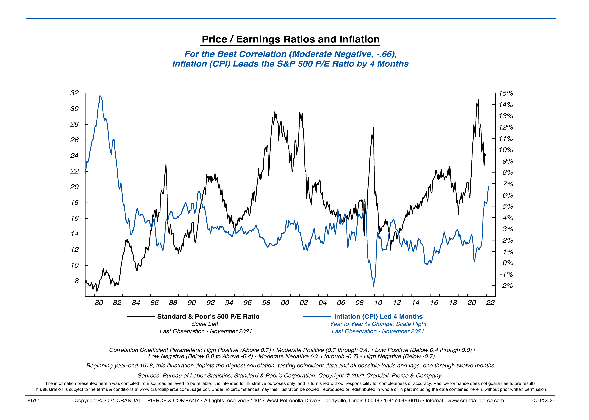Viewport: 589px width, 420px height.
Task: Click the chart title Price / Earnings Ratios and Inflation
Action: (290, 39)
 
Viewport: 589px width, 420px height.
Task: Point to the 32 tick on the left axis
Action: (74, 93)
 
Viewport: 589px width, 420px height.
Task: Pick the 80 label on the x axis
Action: (99, 303)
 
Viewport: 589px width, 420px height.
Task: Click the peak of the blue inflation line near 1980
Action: (100, 96)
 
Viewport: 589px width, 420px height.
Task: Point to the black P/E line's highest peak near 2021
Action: (478, 100)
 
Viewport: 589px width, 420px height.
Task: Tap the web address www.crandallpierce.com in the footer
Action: (475, 401)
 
